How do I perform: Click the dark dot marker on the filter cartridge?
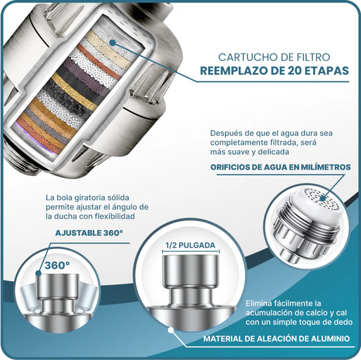112,43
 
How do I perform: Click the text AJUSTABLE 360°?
89,233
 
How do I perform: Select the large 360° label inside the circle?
57,265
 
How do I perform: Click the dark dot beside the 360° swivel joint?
38,273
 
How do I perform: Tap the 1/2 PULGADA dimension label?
190,245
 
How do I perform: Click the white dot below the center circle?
171,330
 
